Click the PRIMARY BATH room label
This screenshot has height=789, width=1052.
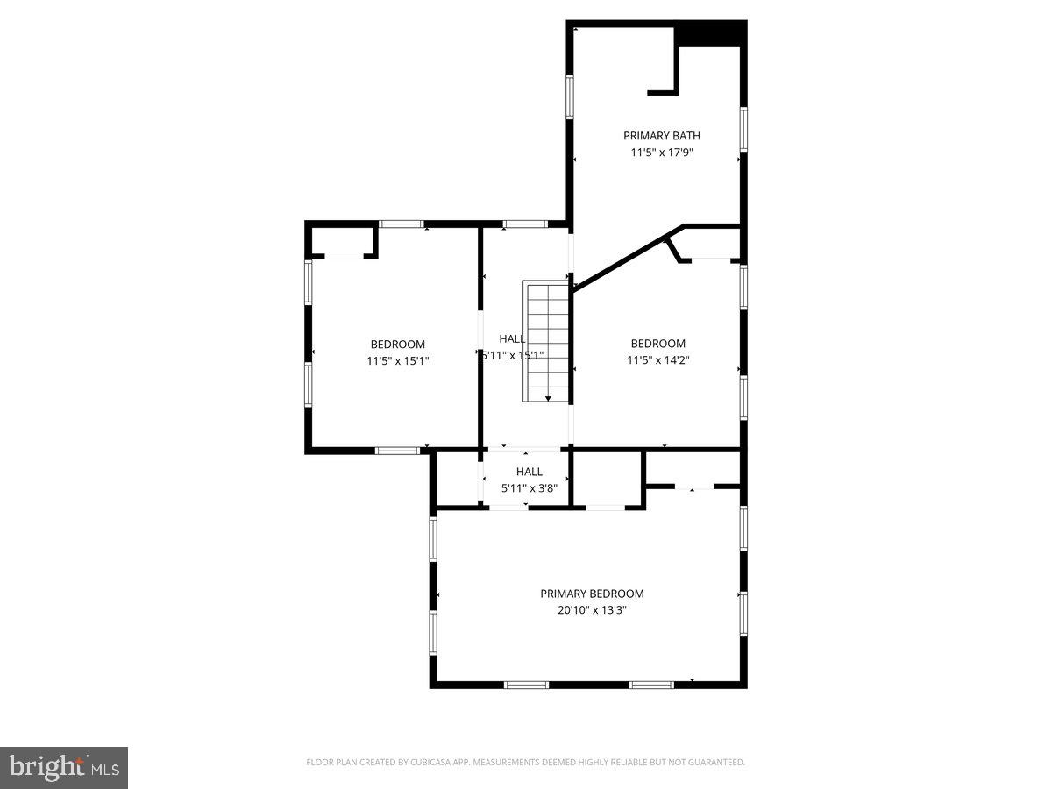661,136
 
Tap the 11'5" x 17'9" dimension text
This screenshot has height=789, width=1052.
661,153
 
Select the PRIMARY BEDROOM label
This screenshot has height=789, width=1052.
592,594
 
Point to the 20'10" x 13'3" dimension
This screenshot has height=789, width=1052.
592,610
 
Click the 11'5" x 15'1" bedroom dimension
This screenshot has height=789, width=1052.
397,360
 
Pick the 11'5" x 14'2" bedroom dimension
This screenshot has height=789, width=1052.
657,359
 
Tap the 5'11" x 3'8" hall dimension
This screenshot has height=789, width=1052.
529,487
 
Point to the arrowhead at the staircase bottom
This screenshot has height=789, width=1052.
548,399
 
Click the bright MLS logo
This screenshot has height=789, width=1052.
64,768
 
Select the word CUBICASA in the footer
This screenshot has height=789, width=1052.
429,763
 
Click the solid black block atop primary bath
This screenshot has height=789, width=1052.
711,34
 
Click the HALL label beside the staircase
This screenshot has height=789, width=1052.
513,339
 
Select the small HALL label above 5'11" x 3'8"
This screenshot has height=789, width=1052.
529,472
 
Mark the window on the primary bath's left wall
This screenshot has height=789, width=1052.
570,96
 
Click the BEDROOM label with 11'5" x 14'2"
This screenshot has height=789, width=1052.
657,344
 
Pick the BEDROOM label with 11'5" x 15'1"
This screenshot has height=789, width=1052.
397,345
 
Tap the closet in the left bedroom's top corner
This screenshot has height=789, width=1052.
343,241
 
